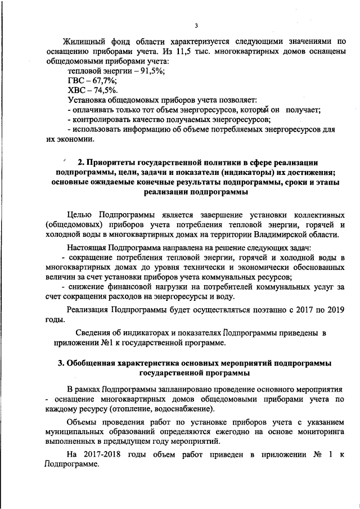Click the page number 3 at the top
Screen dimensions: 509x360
point(196,25)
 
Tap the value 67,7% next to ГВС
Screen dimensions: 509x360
point(97,81)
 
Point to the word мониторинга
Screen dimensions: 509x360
point(317,432)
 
